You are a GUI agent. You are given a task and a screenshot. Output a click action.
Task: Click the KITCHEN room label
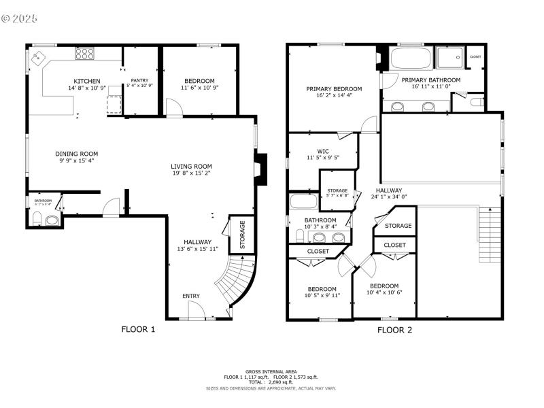click(87, 81)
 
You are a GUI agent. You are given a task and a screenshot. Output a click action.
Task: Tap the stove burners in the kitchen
click(85, 53)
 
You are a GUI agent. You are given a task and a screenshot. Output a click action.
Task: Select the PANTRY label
click(140, 80)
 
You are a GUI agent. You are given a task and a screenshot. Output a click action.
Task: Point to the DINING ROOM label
click(76, 154)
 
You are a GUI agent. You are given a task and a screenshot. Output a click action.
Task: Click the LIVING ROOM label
click(191, 166)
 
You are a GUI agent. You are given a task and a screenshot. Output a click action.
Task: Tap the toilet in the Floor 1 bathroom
click(38, 219)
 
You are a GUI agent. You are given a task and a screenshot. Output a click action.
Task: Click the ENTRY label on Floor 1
click(191, 296)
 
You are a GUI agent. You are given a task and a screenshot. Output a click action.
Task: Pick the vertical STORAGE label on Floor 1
click(241, 235)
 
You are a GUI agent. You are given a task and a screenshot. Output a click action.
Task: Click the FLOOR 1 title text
click(138, 330)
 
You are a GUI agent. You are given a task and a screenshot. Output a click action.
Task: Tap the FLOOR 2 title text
click(394, 330)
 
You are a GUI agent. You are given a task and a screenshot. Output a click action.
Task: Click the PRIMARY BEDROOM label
click(333, 89)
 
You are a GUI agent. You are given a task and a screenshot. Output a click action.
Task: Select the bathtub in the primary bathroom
click(411, 59)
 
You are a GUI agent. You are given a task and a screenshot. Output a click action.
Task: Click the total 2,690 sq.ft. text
click(272, 381)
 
